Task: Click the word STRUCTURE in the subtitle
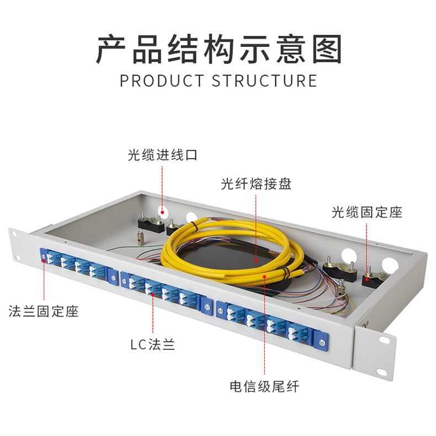265,81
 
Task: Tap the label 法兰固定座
44,311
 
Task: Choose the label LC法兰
152,345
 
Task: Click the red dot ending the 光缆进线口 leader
162,211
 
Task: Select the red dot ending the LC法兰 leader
153,294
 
